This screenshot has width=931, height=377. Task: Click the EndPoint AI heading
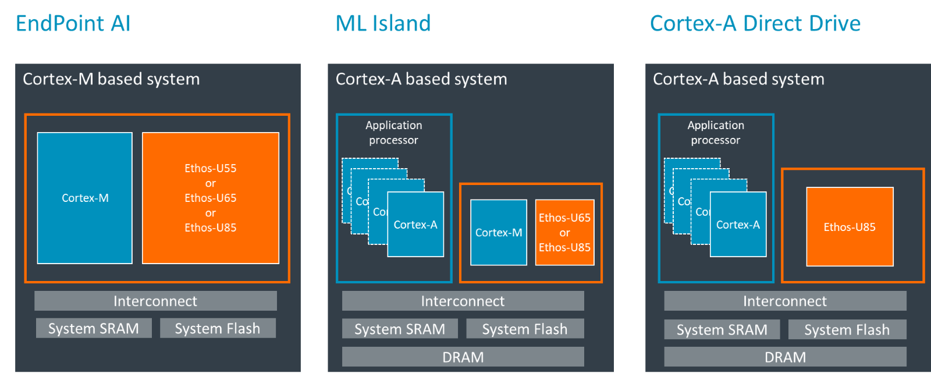coord(73,24)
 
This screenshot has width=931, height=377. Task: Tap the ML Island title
coord(383,24)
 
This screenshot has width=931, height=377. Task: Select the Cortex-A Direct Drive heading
coord(755,24)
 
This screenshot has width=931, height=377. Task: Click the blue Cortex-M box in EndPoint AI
coord(85,198)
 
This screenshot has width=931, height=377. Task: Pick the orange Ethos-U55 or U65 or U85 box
coord(211,198)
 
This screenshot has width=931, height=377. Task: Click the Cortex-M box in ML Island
coord(499,232)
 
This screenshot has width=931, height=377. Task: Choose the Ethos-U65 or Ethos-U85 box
coord(564,232)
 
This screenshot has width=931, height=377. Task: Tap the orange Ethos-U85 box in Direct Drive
coord(850,227)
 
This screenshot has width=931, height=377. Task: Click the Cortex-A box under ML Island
coord(415,225)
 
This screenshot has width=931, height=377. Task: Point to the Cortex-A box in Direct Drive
coord(738,225)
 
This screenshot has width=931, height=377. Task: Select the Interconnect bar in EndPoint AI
coord(155,301)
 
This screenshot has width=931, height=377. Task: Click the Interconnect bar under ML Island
coord(463,301)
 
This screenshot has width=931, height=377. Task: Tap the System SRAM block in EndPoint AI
coord(94,328)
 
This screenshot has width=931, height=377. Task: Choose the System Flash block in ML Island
coord(525,329)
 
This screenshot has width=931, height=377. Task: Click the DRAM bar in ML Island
coord(463,357)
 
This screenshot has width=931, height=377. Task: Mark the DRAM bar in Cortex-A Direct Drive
coord(785,357)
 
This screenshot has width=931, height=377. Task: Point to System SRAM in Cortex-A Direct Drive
coord(722,329)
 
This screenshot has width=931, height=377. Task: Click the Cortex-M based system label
coord(111,79)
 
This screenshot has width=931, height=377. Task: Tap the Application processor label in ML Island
coord(394,133)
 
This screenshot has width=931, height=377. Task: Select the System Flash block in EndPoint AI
coord(218,328)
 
